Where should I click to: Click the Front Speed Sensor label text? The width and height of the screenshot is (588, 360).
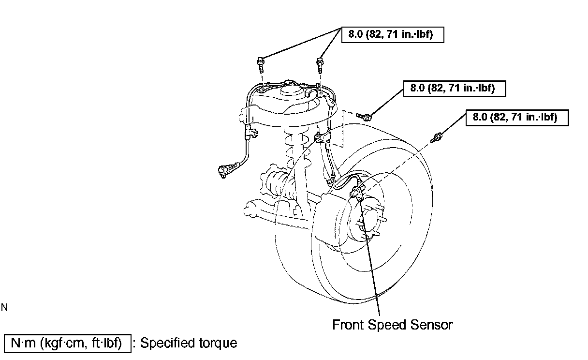(392, 325)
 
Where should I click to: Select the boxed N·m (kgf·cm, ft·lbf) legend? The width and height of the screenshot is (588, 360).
(67, 343)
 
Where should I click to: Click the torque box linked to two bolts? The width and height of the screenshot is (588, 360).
(393, 35)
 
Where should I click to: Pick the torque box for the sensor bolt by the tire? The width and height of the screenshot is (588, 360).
(517, 117)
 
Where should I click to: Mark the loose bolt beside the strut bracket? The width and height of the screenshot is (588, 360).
(365, 116)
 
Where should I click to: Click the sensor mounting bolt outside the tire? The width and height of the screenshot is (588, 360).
(438, 137)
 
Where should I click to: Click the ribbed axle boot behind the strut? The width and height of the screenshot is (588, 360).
(276, 184)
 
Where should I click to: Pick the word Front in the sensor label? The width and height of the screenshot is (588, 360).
(348, 325)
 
